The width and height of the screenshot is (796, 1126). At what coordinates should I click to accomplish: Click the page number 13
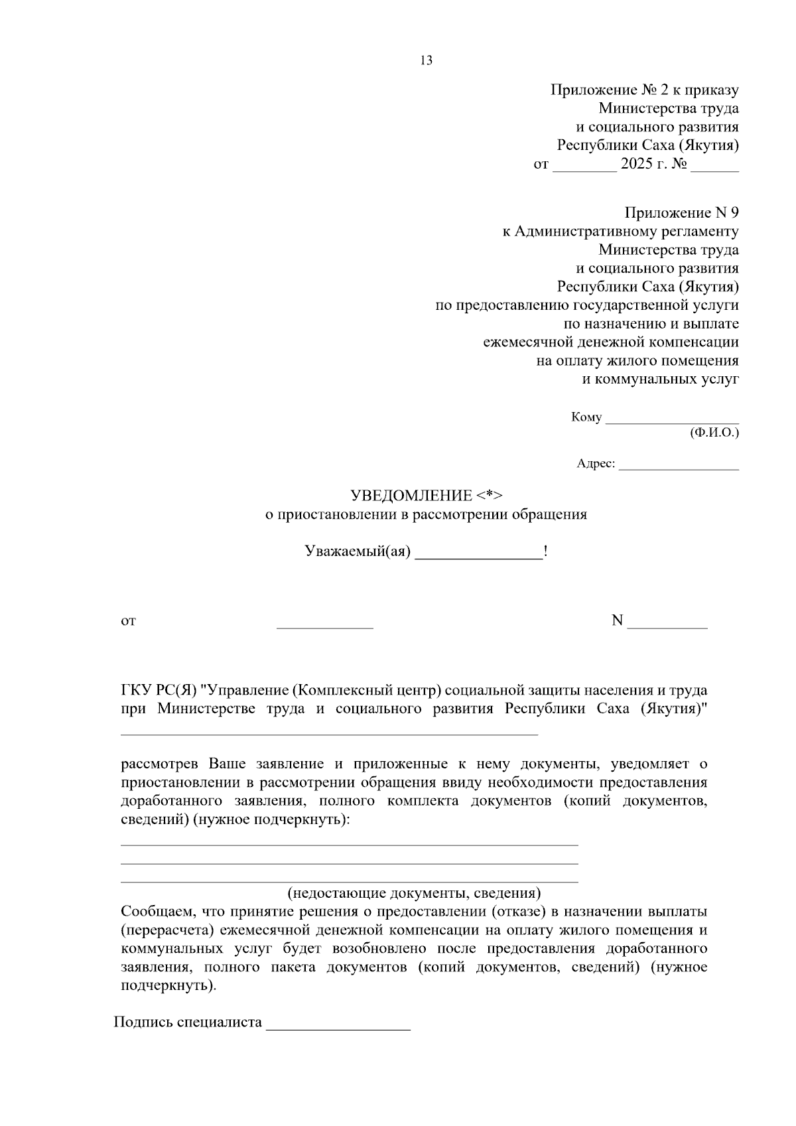(x=426, y=61)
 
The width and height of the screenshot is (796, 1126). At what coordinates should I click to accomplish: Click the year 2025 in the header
(x=637, y=164)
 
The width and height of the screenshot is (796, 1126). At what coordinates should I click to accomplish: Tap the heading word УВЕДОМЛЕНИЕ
(x=411, y=496)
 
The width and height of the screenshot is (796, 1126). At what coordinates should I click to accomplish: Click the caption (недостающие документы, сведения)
(x=414, y=892)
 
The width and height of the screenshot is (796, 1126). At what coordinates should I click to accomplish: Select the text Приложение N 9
(x=681, y=213)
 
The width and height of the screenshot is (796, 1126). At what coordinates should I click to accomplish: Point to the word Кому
(x=586, y=417)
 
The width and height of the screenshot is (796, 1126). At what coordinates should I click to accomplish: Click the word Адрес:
(x=596, y=464)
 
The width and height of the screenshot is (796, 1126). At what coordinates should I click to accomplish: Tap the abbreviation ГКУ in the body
(x=136, y=691)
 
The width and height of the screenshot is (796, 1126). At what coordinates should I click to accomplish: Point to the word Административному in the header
(x=584, y=232)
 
